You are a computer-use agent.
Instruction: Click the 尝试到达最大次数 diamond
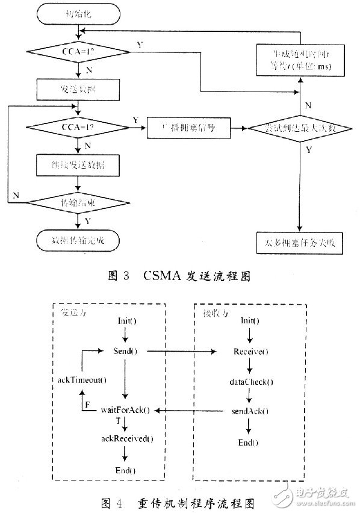tap(299, 128)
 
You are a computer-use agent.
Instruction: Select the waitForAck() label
tap(125, 410)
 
